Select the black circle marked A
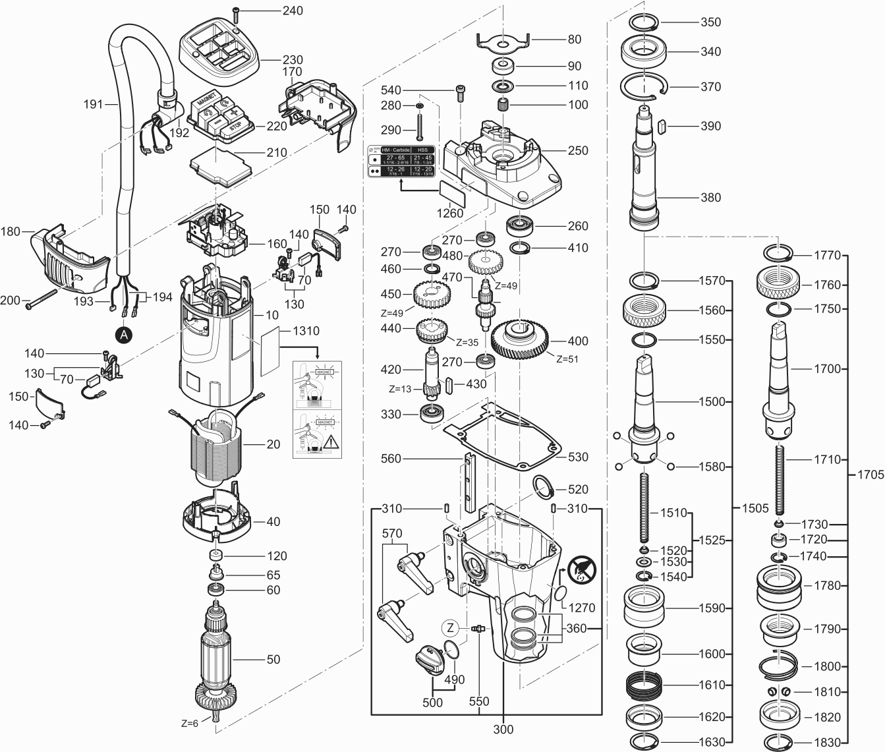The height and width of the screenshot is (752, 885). click(123, 335)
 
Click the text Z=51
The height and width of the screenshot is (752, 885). click(567, 359)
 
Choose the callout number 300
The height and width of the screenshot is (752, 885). click(503, 730)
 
